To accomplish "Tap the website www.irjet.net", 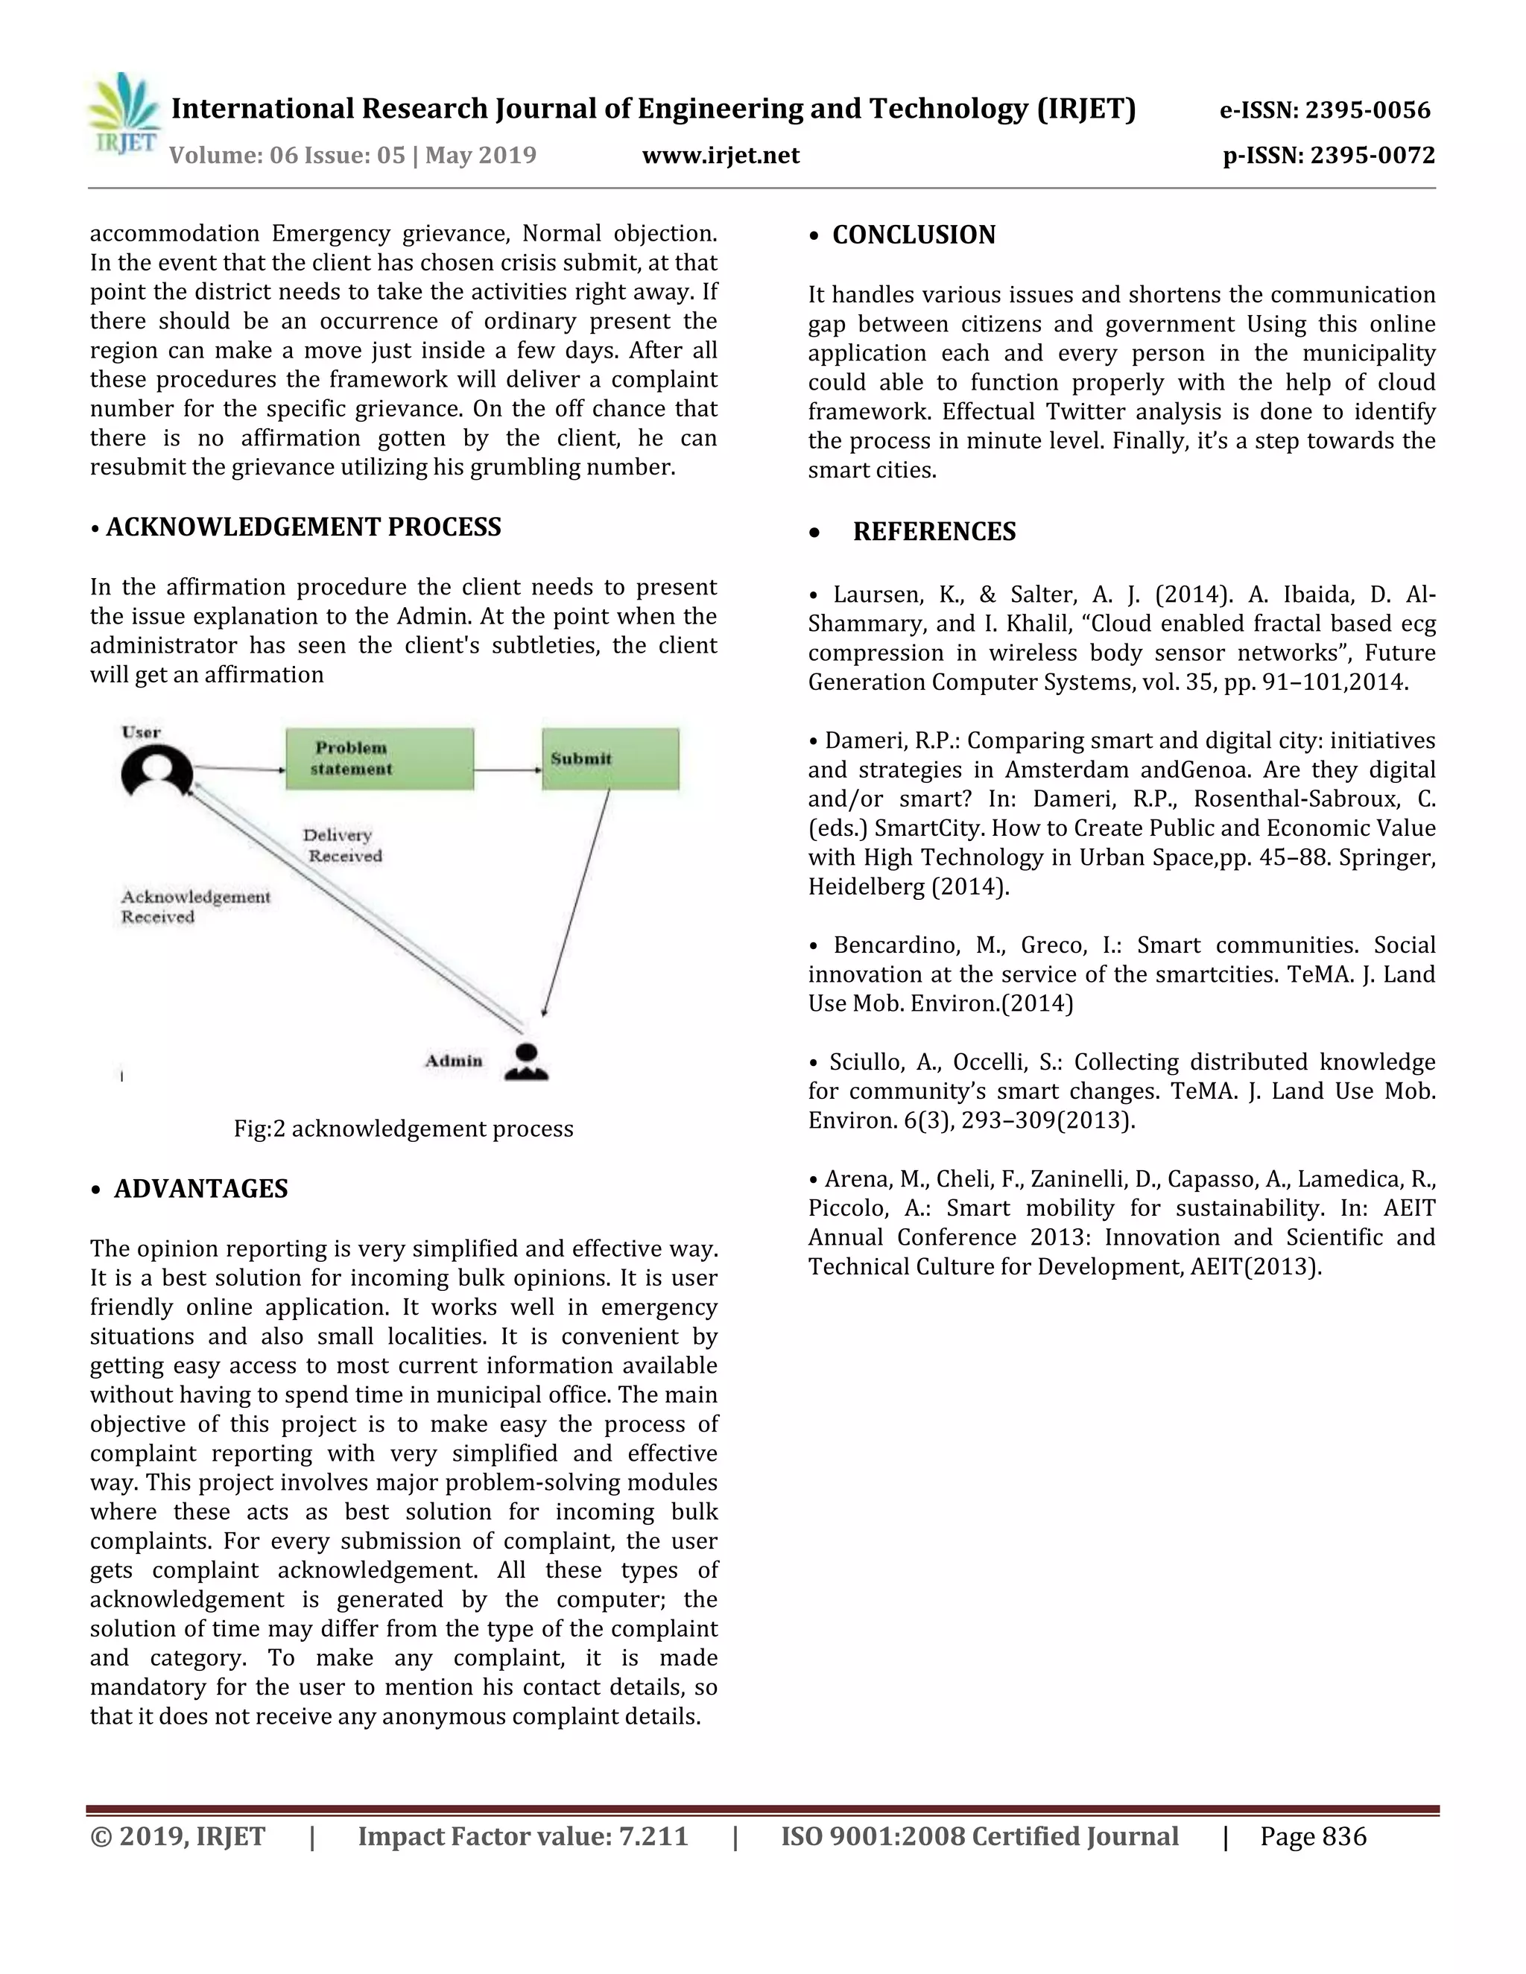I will tap(721, 156).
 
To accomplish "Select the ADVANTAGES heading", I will tap(200, 1189).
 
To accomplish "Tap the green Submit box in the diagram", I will tap(610, 759).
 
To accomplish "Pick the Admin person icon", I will tap(526, 1062).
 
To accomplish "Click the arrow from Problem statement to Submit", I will tap(507, 770).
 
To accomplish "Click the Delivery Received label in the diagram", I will tap(342, 846).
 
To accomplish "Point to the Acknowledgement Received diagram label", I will tap(195, 907).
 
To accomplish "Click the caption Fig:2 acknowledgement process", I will tap(403, 1129).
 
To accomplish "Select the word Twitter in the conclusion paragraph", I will tap(1086, 412).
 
